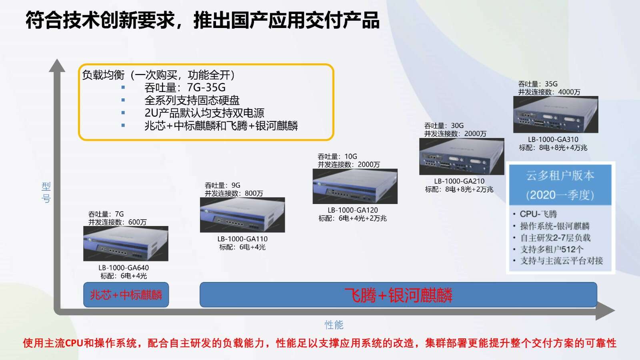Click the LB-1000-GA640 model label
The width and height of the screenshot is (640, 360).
click(x=124, y=268)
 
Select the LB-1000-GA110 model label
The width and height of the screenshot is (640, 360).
click(x=242, y=239)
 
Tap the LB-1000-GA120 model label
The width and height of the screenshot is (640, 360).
click(x=352, y=210)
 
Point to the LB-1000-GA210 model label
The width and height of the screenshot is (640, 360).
click(x=459, y=181)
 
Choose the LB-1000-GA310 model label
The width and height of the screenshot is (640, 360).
click(x=553, y=140)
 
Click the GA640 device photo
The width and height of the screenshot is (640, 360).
click(x=126, y=244)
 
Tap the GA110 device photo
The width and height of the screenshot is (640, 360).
click(x=242, y=214)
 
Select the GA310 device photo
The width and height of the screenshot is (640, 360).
click(x=556, y=114)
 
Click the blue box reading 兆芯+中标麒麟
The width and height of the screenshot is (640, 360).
click(x=126, y=295)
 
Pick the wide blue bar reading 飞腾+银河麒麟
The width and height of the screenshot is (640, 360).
click(x=398, y=295)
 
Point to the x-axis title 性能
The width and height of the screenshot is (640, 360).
click(x=334, y=325)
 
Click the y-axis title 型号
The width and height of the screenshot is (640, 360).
click(x=46, y=192)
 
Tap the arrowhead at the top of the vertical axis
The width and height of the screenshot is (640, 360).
click(x=57, y=66)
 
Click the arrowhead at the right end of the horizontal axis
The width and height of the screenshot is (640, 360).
click(x=606, y=312)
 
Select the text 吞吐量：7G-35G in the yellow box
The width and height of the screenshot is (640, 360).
click(x=185, y=88)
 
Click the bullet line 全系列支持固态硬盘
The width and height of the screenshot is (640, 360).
click(x=192, y=100)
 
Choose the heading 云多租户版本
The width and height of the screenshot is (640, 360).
click(x=560, y=176)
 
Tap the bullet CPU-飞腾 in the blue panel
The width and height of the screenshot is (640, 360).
click(x=538, y=214)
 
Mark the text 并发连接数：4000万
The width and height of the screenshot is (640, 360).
click(x=549, y=92)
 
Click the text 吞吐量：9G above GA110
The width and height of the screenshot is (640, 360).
click(x=222, y=186)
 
